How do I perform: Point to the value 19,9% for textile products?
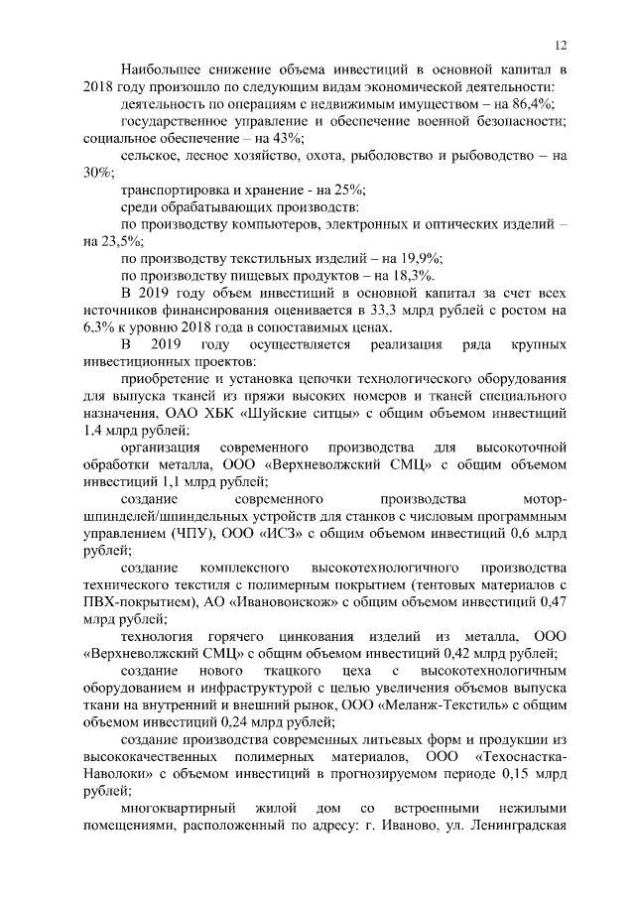point(420,258)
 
